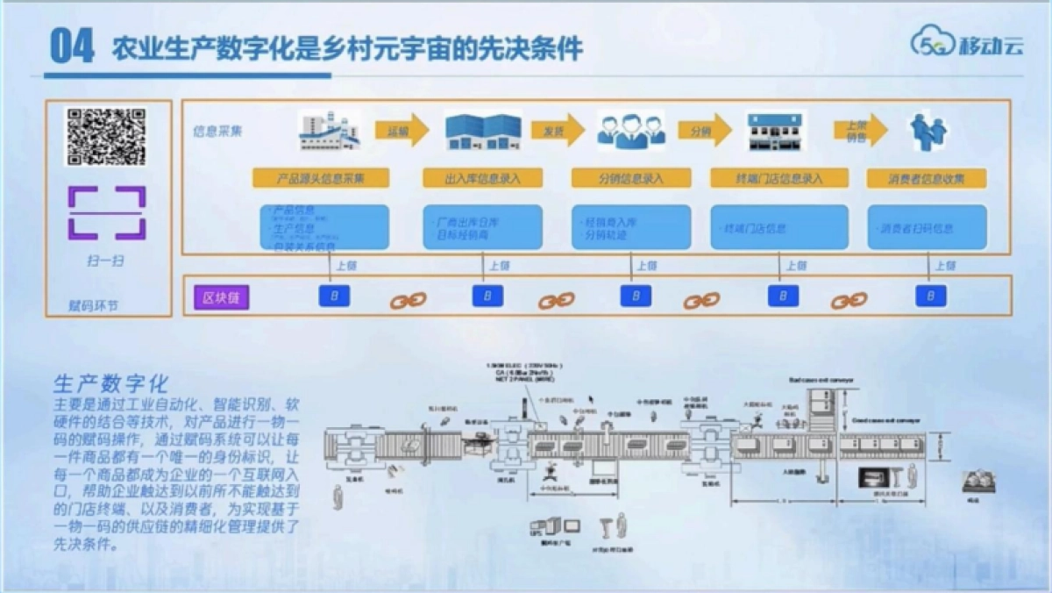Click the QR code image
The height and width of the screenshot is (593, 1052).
106,137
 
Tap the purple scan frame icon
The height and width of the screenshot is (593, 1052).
106,212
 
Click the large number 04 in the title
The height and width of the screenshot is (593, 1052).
72,46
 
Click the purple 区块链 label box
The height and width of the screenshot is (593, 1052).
221,297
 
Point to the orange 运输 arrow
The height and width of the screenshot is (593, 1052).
402,131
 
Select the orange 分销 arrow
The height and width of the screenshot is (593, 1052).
704,130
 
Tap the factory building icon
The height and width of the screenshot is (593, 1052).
329,131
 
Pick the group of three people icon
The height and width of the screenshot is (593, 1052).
631,131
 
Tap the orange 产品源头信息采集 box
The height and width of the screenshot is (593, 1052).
320,178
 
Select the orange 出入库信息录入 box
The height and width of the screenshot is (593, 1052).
482,178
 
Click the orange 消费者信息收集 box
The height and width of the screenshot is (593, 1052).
926,178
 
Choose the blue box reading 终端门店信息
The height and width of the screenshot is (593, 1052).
778,228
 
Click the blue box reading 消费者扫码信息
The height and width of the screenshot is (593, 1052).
926,228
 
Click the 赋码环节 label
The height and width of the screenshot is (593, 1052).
92,306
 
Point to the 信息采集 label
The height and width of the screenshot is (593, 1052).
217,132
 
